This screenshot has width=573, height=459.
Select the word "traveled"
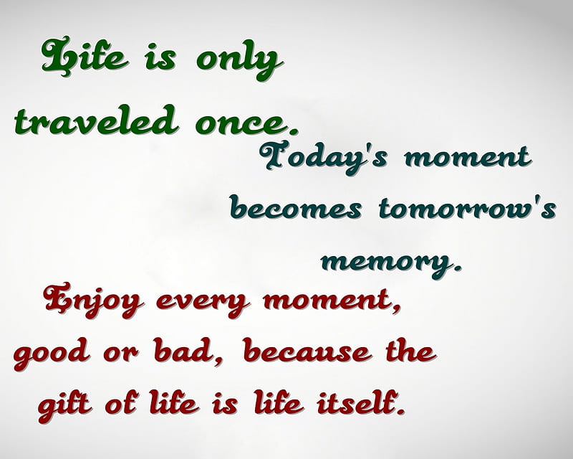click(96, 120)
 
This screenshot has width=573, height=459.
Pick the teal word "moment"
click(468, 156)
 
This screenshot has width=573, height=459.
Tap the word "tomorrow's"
click(468, 208)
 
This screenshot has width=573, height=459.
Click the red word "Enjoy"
click(94, 300)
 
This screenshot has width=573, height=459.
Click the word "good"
click(52, 353)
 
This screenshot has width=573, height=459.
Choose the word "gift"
click(64, 404)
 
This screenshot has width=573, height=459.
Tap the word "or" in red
click(121, 352)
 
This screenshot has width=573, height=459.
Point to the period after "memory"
click(457, 268)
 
